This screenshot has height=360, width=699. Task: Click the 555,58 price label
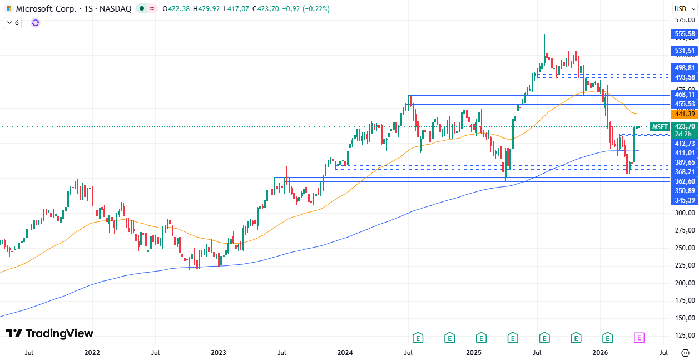[684, 34]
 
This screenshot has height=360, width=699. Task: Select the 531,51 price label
[684, 51]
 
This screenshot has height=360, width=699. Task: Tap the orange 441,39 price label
[684, 114]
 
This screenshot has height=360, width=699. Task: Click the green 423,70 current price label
[684, 126]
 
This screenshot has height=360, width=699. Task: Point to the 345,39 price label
[684, 200]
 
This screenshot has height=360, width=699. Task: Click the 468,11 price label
[684, 95]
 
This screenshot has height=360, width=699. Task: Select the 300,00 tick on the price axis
[685, 213]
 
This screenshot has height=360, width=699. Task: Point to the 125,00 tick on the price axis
[685, 336]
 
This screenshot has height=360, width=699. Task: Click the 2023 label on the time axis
[219, 353]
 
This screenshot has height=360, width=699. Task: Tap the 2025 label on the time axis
[473, 353]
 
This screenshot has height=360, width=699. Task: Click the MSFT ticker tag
[660, 126]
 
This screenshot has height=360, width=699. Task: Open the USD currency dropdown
[683, 8]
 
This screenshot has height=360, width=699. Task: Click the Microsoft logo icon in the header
[9, 9]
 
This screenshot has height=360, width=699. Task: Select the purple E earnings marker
[639, 337]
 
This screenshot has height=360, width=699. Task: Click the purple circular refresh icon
[36, 23]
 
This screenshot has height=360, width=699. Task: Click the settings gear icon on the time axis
[685, 353]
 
